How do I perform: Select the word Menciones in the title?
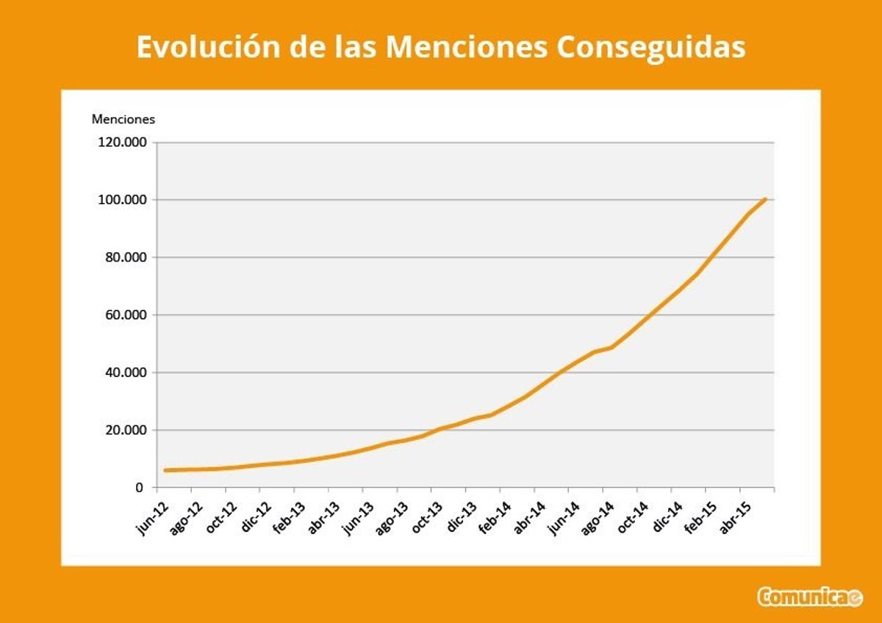[466, 47]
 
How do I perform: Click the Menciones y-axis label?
[123, 119]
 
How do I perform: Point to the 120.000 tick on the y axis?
[123, 143]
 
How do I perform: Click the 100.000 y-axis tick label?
[123, 200]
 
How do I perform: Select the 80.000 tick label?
[126, 257]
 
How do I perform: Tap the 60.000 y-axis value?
[126, 315]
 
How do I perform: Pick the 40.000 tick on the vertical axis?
[126, 372]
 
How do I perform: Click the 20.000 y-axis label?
[126, 430]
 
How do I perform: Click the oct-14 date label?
[632, 516]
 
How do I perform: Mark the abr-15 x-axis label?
[735, 516]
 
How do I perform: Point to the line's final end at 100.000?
[766, 199]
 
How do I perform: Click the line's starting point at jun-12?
[165, 470]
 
